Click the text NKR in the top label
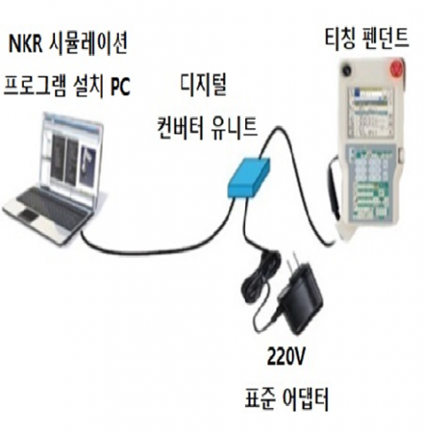coord(25,44)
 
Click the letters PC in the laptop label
coord(120,86)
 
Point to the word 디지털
coord(204,85)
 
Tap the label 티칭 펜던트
coord(366,40)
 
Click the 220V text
coord(286,357)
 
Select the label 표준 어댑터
coord(287,399)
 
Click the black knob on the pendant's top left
coord(347,70)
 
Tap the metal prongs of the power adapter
coord(293,261)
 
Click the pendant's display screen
coord(368,112)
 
